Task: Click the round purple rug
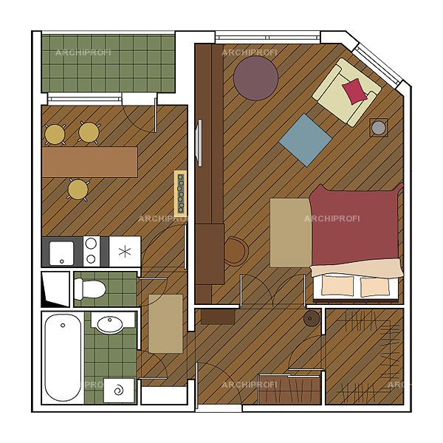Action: [255, 78]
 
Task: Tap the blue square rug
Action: [305, 140]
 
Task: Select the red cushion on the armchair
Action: [354, 91]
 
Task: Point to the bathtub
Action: [63, 357]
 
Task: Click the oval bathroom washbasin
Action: [109, 324]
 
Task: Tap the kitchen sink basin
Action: [61, 253]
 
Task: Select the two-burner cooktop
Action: [92, 251]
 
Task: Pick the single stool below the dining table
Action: [78, 189]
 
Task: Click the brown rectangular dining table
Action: [90, 162]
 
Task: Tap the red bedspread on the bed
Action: [355, 225]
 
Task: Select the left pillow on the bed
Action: [337, 285]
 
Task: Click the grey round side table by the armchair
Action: [379, 128]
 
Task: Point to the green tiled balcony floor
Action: [109, 63]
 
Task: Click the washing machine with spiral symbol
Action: [119, 390]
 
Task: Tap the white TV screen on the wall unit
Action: [199, 142]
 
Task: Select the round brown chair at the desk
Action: [236, 251]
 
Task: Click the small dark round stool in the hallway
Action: [312, 318]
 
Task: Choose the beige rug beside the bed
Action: [290, 233]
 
